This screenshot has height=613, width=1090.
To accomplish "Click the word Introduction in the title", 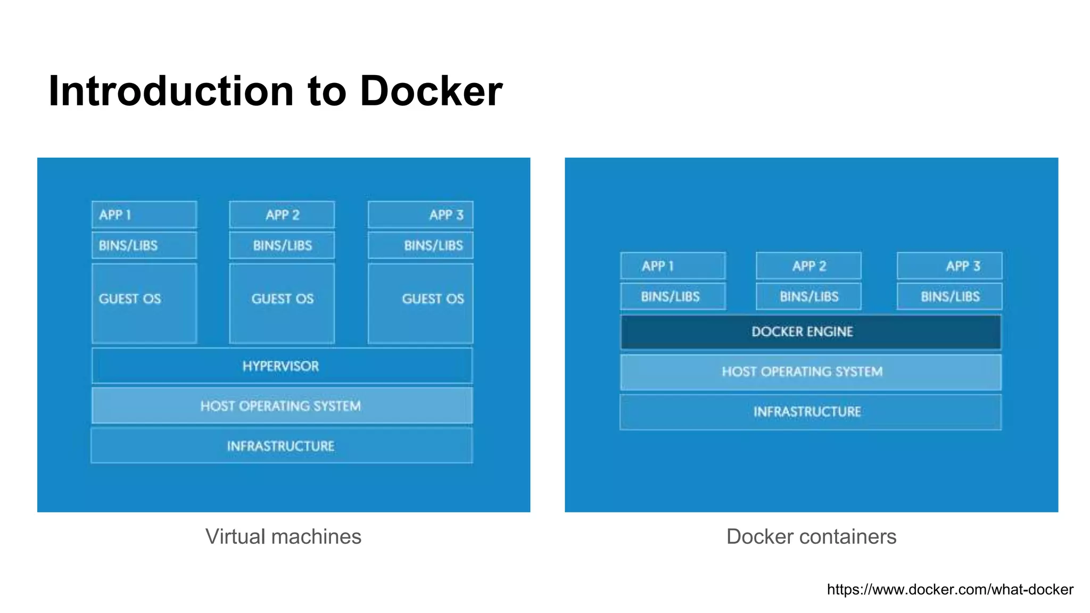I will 170,92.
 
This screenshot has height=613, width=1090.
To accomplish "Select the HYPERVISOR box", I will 282,366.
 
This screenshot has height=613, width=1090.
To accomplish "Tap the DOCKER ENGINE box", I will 810,332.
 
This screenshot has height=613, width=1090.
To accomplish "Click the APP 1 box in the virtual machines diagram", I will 144,215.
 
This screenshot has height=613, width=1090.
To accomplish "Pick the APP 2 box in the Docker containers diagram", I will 808,266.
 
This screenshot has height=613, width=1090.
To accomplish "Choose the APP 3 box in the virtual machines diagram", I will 420,215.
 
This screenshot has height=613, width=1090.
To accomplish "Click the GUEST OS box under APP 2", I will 282,303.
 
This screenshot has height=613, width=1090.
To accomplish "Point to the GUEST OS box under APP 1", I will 144,303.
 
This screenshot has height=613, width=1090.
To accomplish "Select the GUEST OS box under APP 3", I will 420,303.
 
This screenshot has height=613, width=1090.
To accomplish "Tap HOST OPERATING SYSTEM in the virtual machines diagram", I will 282,406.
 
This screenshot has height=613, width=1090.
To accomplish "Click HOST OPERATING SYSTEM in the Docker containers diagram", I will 810,372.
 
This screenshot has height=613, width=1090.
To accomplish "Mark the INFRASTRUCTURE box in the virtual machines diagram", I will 282,446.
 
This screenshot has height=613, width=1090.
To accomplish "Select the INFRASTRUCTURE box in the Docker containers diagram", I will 810,412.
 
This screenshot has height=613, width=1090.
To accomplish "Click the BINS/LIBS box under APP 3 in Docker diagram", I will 949,296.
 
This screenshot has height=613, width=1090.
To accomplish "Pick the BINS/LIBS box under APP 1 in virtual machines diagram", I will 144,245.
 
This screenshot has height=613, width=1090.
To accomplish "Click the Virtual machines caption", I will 283,536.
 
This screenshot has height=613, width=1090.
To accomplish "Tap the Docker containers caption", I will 811,536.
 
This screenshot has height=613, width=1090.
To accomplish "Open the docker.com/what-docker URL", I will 950,590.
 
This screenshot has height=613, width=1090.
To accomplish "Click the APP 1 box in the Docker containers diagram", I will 673,266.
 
